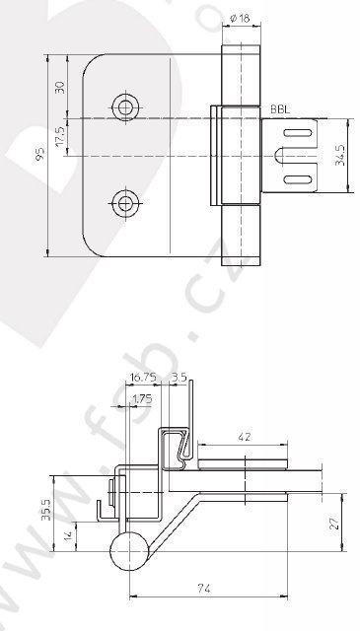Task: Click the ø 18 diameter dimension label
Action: click(241, 18)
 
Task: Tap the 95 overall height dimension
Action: click(39, 155)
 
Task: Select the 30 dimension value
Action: click(59, 88)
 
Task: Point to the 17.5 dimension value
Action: click(59, 137)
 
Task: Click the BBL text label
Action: click(280, 109)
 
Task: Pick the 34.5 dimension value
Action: click(340, 156)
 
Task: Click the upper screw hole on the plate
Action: click(125, 107)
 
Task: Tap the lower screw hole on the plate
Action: click(125, 204)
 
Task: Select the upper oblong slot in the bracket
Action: click(298, 133)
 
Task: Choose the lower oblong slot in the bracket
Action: click(298, 179)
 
